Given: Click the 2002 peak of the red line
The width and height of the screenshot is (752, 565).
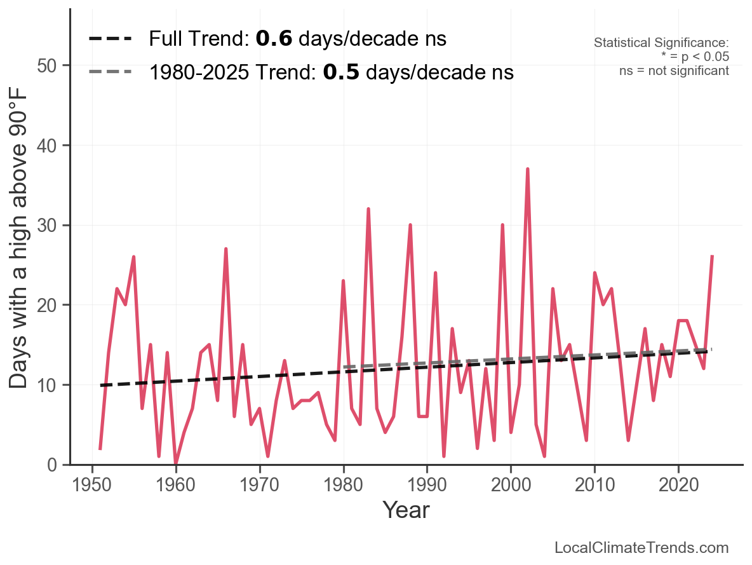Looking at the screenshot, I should point(527,169).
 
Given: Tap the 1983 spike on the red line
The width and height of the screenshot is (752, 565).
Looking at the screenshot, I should point(368,209).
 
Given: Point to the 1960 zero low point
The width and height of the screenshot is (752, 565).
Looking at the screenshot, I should point(176,464).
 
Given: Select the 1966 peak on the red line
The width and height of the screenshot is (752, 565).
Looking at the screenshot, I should point(226,249).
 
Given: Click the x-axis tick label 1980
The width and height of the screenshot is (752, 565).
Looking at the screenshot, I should point(343,486).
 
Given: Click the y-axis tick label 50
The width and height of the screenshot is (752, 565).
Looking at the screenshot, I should point(49,66).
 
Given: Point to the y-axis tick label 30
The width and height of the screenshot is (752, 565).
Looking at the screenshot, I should point(49,226).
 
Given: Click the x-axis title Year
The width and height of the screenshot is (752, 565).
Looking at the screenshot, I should point(406,510).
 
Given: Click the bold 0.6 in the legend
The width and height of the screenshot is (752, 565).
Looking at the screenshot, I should point(274,39).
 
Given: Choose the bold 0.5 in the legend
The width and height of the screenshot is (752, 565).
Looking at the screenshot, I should point(341,72).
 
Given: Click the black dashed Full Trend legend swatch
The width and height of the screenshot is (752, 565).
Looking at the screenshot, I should point(111,39).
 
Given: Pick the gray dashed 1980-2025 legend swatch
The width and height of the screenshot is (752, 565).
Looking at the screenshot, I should point(111,72).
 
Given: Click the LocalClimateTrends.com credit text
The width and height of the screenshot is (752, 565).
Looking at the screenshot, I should point(641,548).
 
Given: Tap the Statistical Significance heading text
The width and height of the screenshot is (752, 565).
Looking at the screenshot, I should point(661,43).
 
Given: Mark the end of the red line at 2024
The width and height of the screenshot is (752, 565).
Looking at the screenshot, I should point(712,256).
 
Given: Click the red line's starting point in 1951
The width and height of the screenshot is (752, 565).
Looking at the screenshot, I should point(100,449).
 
